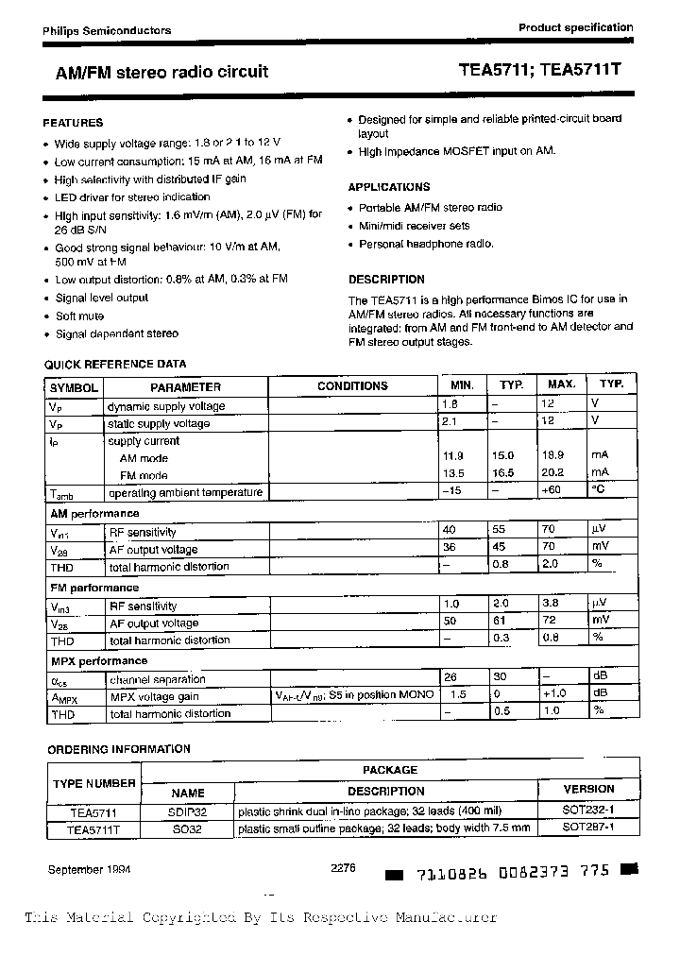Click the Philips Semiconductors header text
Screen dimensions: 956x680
[107, 30]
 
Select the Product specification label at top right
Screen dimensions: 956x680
[575, 27]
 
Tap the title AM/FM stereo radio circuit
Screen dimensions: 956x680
[156, 71]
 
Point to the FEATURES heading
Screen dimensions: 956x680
[73, 123]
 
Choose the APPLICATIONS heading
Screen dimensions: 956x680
[388, 187]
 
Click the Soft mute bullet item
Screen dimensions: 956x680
[79, 316]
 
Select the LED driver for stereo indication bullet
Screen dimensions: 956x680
[132, 197]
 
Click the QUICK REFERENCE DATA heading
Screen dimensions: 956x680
[115, 364]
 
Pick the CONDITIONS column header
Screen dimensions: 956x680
[352, 386]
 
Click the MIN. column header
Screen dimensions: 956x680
[462, 385]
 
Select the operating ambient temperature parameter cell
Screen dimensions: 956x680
[185, 493]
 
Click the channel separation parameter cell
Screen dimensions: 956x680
[158, 679]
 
